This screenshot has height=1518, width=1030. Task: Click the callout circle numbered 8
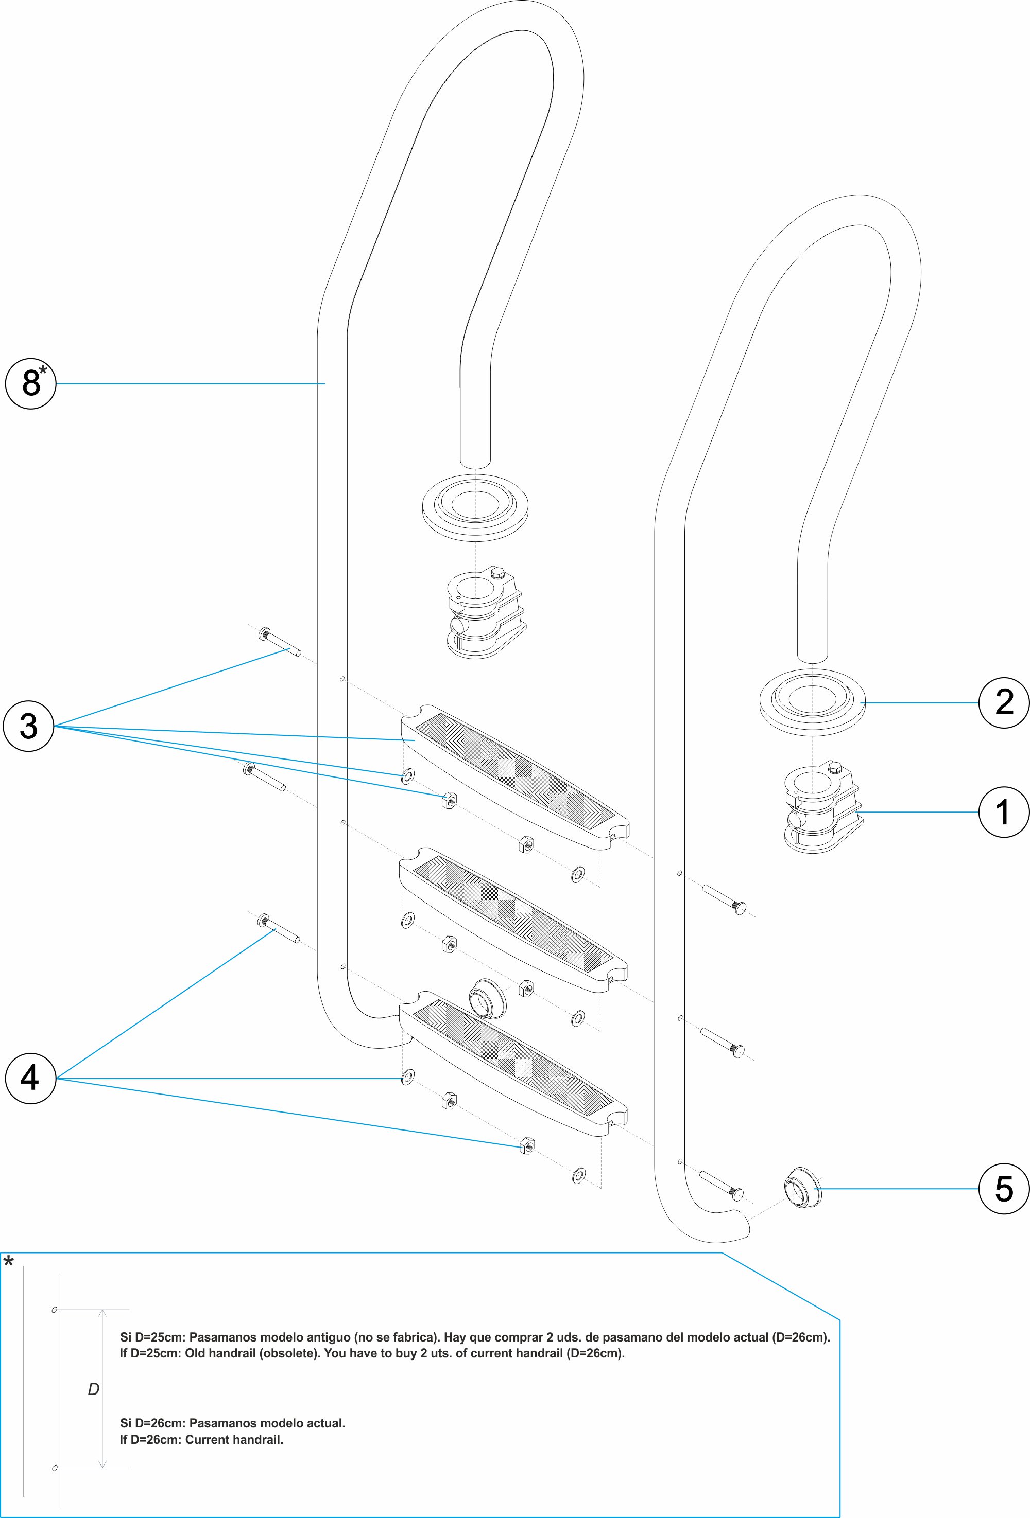coord(30,383)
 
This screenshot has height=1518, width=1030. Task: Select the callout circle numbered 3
coord(28,726)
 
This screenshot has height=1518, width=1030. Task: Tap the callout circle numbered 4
coord(30,1079)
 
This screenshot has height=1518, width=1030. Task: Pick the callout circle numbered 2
coord(1004,703)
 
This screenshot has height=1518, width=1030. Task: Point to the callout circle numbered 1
coord(1004,812)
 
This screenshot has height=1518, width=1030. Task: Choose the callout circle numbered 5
coord(1004,1189)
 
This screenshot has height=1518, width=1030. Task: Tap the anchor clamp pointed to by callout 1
coord(821,808)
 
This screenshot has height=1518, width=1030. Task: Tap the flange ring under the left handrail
coord(475,506)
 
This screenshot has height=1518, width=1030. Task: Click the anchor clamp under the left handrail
coord(484,613)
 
